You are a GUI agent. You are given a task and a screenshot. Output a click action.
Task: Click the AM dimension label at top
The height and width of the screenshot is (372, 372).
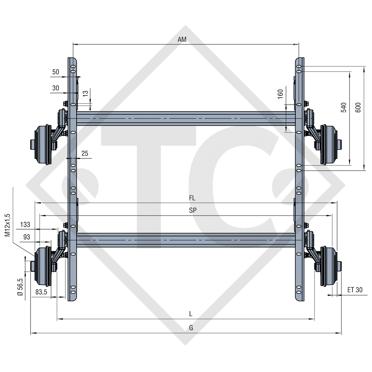(x=182, y=40)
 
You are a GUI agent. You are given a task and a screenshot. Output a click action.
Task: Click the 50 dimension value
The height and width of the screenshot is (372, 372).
(x=56, y=72)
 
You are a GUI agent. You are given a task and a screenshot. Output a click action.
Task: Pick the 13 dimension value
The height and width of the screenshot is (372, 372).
(x=85, y=93)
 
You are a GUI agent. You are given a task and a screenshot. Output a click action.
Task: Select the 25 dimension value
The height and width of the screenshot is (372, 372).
(x=85, y=154)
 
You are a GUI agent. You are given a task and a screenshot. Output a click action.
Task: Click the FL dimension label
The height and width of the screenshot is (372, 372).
(x=192, y=198)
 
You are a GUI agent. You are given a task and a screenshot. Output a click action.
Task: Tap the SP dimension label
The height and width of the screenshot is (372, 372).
(x=193, y=210)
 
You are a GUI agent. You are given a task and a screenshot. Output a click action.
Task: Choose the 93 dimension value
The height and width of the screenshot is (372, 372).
(x=37, y=237)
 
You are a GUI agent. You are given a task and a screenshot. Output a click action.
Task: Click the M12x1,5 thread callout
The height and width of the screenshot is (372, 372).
(x=8, y=226)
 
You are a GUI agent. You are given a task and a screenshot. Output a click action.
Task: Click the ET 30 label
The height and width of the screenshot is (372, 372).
(x=355, y=290)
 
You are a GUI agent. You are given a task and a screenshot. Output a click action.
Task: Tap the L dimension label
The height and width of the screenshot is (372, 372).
(x=191, y=314)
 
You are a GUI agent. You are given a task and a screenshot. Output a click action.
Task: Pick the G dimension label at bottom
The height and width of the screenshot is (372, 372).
(x=191, y=328)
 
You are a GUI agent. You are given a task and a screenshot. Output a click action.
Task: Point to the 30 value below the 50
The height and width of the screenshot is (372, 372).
(x=56, y=88)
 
